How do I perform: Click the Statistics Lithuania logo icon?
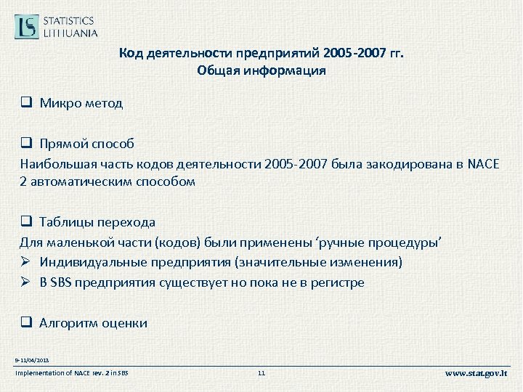coord(27,26)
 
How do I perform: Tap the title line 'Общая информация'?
coord(261,71)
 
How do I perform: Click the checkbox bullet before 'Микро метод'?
coord(26,103)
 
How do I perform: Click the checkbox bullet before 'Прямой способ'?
coord(26,143)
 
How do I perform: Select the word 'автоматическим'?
coord(76,181)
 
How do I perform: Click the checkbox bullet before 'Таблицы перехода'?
coord(26,222)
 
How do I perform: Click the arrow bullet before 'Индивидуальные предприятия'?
coord(26,261)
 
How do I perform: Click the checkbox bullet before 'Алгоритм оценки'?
coord(26,323)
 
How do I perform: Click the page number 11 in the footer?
coord(262,373)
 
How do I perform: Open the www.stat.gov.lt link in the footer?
coord(477,373)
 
